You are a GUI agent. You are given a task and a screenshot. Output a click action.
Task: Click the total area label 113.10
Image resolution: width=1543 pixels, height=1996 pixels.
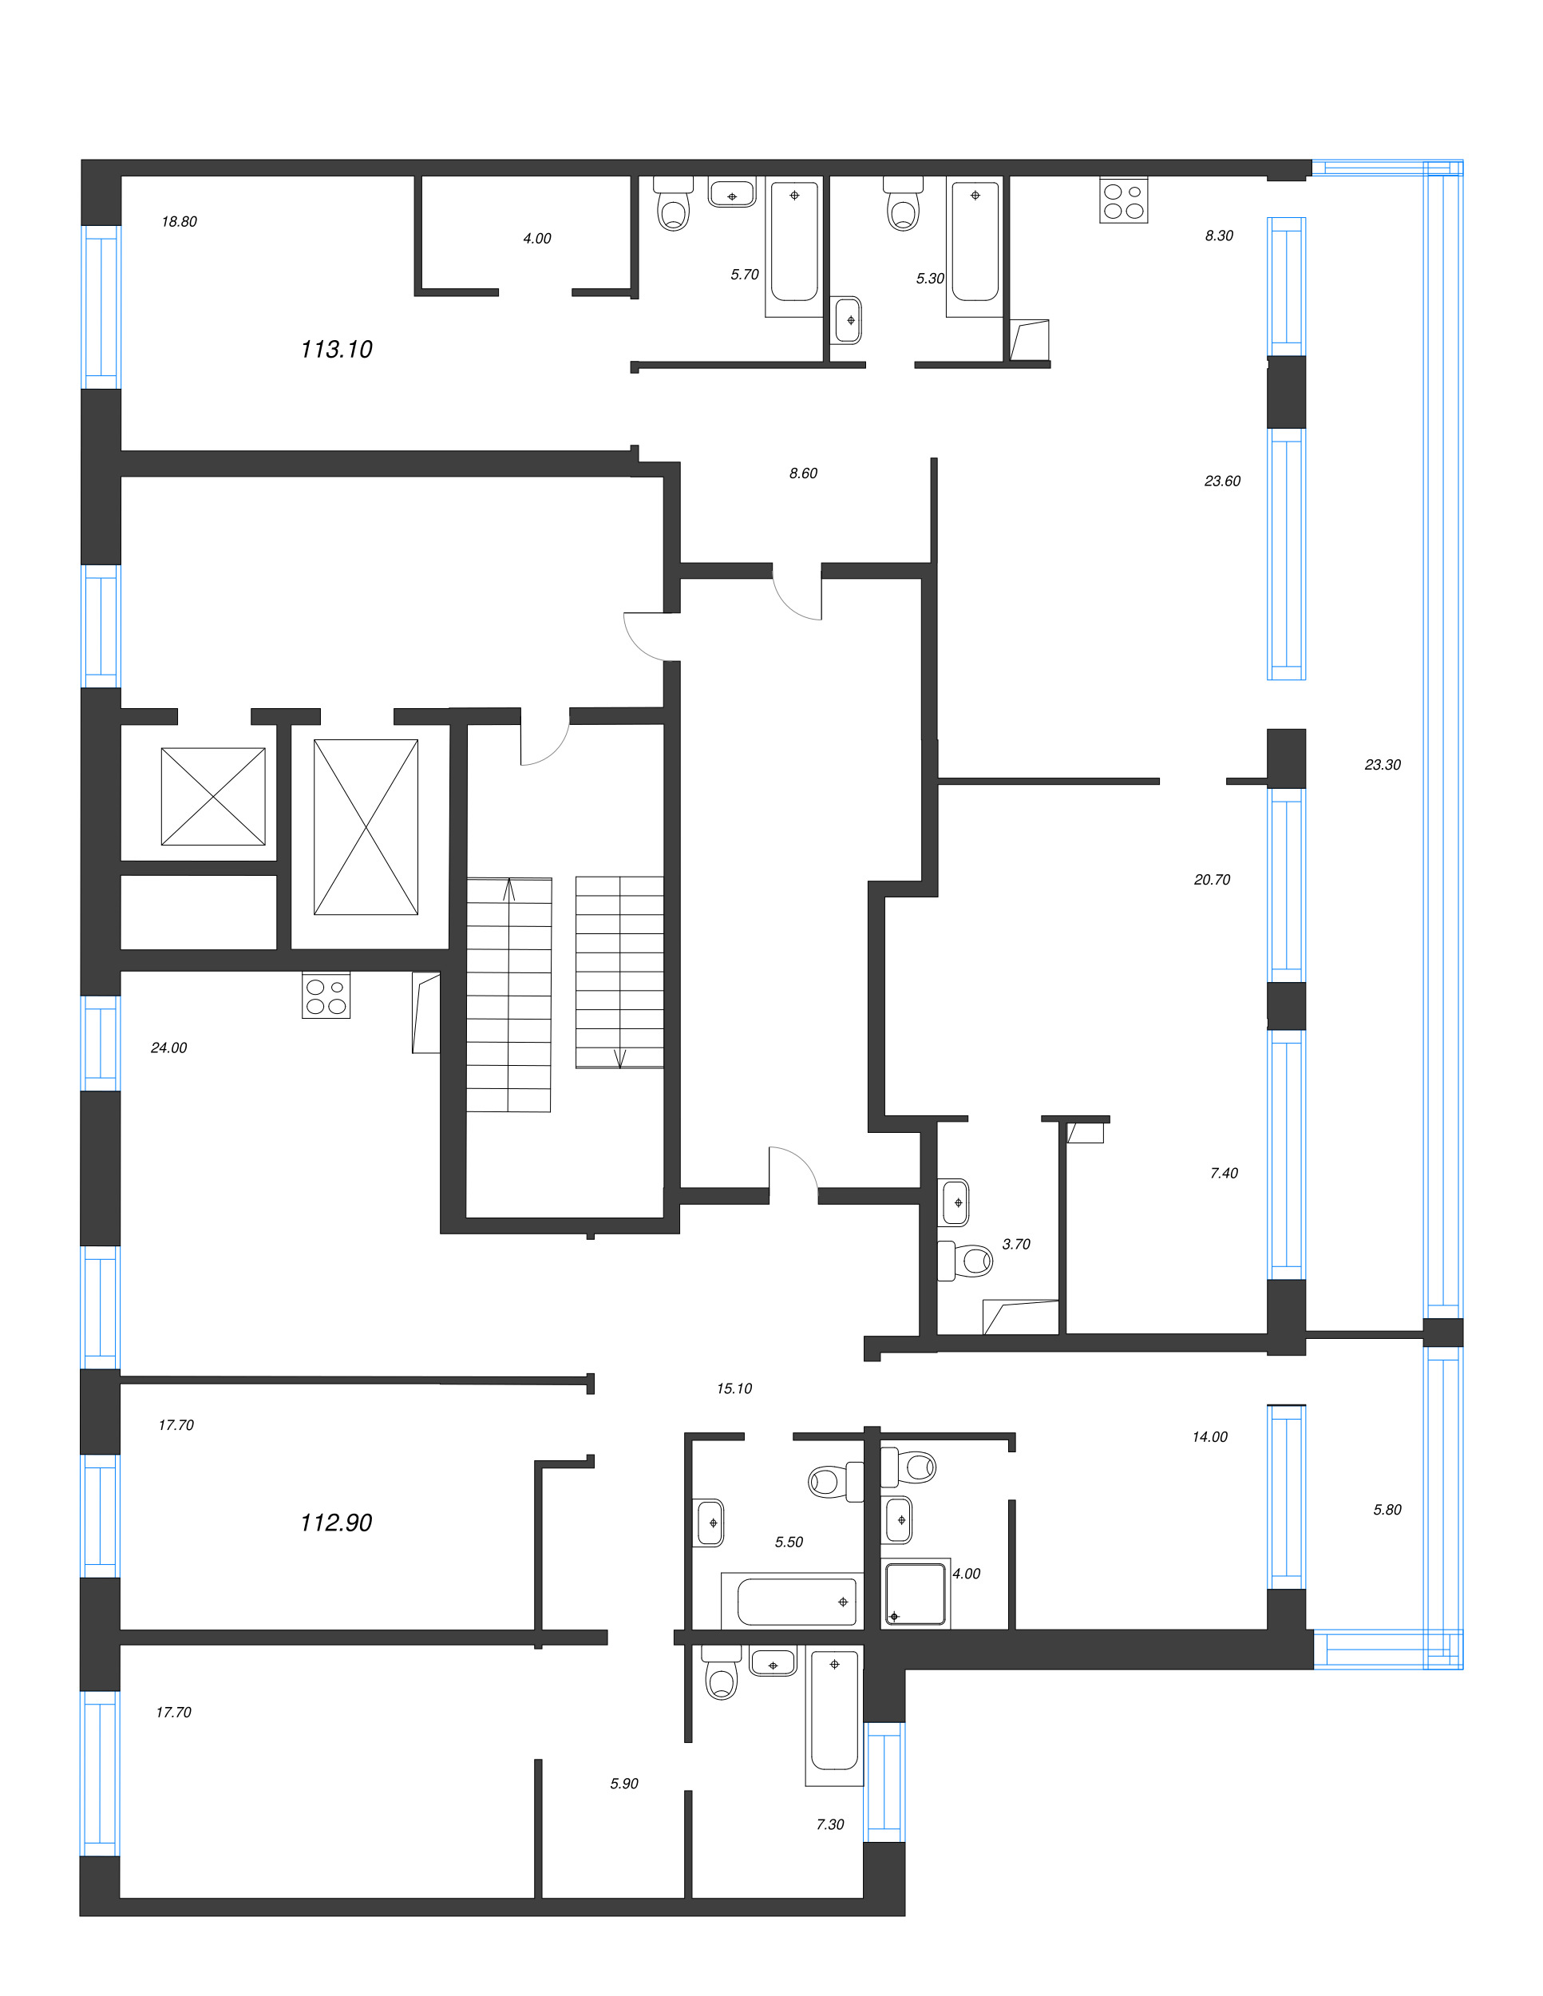coord(336,349)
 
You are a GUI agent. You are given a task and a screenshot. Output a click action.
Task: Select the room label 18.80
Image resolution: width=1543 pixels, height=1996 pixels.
coord(179,221)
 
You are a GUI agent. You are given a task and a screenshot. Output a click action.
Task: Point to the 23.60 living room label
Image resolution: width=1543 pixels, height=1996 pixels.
coord(1222,481)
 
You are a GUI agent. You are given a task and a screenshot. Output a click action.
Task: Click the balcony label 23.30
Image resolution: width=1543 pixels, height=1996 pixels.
coord(1383,765)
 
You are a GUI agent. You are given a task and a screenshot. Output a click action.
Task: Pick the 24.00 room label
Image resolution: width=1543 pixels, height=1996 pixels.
coord(169,1048)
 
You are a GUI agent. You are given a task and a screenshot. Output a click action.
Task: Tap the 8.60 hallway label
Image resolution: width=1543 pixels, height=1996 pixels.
coord(804,473)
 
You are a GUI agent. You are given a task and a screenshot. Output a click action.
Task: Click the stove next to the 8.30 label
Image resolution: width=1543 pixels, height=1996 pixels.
coord(1124,200)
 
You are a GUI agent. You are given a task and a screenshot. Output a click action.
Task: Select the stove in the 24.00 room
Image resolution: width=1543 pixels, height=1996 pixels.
coord(326,996)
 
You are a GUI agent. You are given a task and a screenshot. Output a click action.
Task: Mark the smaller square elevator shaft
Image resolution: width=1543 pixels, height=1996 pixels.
coord(214,797)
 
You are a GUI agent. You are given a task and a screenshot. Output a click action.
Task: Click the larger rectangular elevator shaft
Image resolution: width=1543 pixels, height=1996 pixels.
coord(366,827)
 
